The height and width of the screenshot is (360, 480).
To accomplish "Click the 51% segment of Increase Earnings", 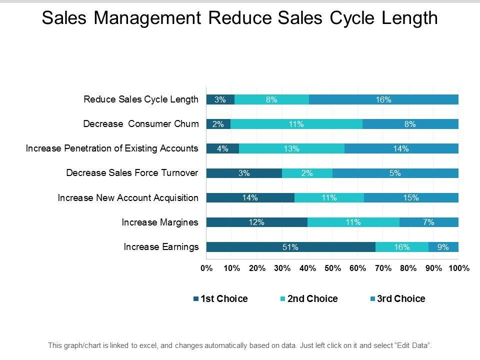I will [x=290, y=246].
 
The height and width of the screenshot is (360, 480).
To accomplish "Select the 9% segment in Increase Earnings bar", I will [x=443, y=246].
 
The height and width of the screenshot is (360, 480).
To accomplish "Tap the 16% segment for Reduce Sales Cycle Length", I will [x=383, y=99].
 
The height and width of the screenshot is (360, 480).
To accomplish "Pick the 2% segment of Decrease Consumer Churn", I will [x=218, y=124].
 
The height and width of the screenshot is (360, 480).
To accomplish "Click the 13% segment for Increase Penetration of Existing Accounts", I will [x=291, y=148].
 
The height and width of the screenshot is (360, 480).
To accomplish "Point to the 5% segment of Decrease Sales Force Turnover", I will [x=395, y=173].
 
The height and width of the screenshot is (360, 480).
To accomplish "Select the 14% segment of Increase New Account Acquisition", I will [x=250, y=197].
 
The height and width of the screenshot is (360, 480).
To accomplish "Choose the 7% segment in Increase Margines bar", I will [x=428, y=222].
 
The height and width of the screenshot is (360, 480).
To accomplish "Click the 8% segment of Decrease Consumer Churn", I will [x=410, y=124].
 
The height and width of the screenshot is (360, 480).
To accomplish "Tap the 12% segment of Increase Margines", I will [x=256, y=222].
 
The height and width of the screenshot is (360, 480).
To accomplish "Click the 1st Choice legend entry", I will [x=220, y=299].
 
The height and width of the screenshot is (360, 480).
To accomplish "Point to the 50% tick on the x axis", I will [x=332, y=268].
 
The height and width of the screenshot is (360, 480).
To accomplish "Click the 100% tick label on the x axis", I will [x=458, y=268].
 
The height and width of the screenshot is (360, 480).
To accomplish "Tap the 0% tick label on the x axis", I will [x=206, y=268].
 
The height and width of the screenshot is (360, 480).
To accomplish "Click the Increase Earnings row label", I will [x=161, y=246].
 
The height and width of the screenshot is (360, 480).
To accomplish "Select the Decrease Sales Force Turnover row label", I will [x=132, y=173].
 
